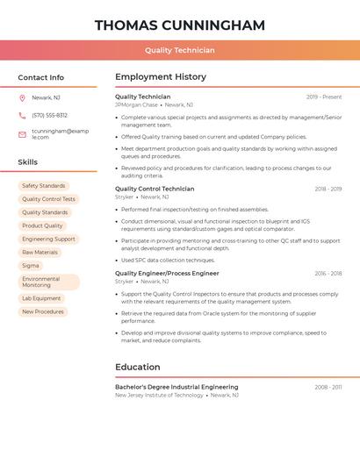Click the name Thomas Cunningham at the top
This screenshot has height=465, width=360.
179,25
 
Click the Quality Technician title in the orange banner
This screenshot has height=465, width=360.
179,50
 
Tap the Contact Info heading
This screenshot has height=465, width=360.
40,77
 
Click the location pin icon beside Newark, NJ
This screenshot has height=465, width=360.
22,97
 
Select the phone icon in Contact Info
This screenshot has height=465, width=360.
22,115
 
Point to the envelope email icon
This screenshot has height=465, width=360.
22,134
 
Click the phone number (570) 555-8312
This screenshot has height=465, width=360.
49,115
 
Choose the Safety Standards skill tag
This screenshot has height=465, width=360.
43,186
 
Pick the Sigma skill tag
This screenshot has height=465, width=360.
31,265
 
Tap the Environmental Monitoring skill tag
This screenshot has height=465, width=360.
48,282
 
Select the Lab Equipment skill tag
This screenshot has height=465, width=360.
41,298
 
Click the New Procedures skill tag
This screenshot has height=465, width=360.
43,311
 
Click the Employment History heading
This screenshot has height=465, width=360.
160,77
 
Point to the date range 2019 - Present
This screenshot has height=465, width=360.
324,97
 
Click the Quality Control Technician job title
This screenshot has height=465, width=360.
155,189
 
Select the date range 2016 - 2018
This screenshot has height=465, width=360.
328,274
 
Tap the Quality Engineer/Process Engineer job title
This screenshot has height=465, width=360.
167,273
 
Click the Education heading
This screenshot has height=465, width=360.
137,367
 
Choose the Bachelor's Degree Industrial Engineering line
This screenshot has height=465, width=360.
176,387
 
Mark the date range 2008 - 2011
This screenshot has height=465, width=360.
328,387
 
